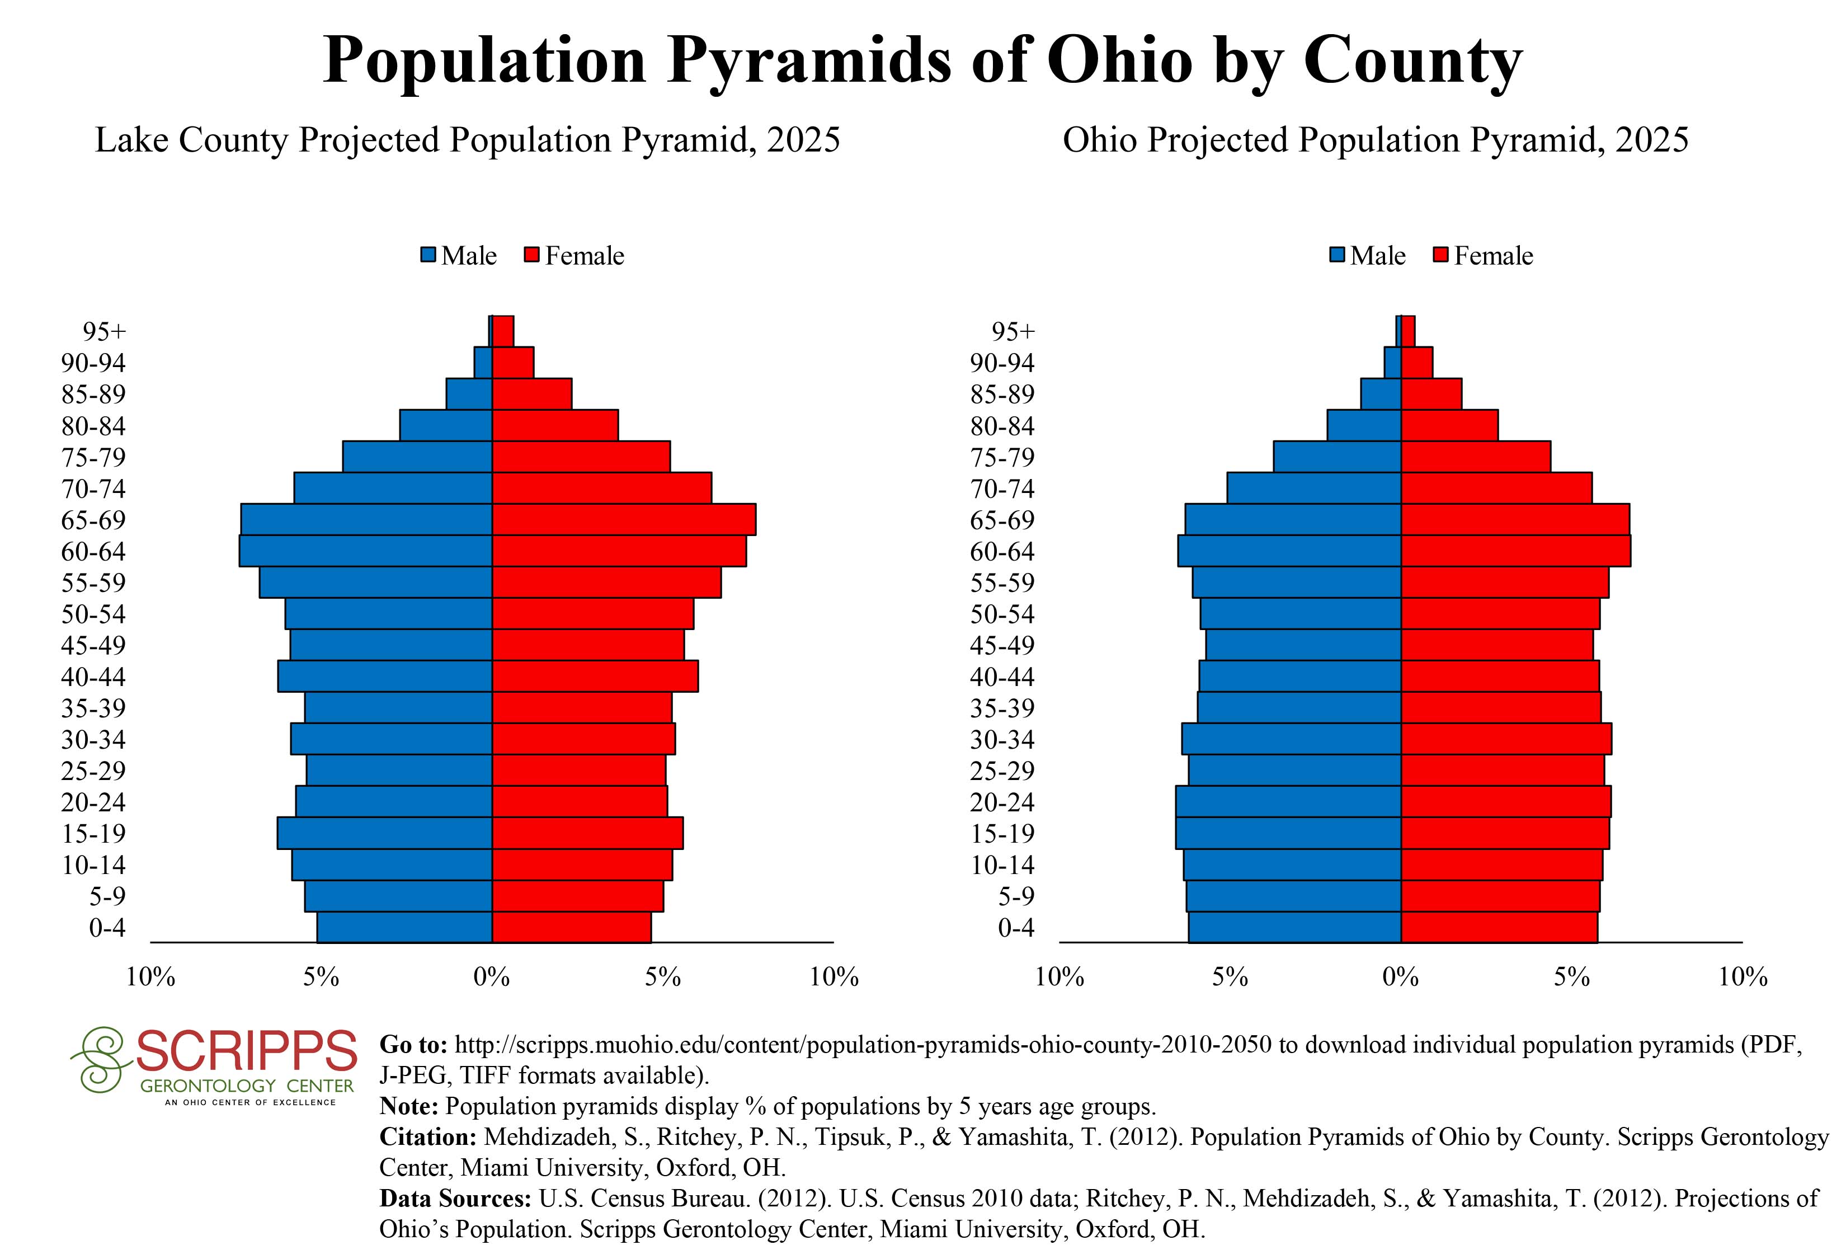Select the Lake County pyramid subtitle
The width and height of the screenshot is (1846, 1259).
point(467,140)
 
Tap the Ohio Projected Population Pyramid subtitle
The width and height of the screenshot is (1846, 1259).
point(1375,140)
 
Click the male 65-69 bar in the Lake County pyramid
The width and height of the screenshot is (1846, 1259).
point(366,519)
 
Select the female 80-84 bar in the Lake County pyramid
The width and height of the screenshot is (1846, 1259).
point(555,425)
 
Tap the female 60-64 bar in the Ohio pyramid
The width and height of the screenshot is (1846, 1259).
point(1515,551)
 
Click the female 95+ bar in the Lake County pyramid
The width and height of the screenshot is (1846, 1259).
point(503,331)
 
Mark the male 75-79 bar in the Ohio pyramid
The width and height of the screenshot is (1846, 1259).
point(1337,457)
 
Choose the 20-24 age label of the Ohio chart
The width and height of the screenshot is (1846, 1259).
point(1002,802)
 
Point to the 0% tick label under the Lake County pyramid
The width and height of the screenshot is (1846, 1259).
point(492,977)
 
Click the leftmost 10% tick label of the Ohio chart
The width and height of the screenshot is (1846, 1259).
point(1059,977)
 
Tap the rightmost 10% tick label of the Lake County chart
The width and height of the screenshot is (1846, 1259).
point(834,977)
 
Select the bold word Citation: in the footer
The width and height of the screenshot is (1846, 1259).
point(428,1138)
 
